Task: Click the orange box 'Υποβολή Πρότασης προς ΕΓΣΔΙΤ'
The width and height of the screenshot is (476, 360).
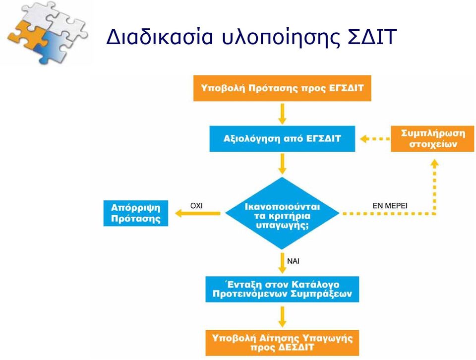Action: (282, 88)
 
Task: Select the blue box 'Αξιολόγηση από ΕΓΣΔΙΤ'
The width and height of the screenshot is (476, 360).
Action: (282, 139)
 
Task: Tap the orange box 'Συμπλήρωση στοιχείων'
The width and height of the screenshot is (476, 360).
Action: (432, 139)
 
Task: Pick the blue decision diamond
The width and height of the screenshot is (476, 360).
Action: (282, 213)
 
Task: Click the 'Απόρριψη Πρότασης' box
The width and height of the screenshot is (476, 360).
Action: (136, 213)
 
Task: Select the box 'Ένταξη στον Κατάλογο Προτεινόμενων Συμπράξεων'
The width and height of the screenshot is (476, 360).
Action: (282, 289)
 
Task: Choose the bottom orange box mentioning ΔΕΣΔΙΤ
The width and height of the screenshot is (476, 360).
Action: (282, 343)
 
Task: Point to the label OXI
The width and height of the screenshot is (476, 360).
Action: (196, 206)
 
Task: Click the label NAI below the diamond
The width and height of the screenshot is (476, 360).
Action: (293, 261)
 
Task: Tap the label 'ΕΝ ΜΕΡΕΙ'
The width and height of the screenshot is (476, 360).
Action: (390, 206)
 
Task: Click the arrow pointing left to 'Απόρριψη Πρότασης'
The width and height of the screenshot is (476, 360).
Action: (198, 213)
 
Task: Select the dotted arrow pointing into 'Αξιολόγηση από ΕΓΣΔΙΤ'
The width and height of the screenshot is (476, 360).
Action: (375, 139)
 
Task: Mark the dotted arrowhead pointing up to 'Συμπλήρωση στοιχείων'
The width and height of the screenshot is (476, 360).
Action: (435, 164)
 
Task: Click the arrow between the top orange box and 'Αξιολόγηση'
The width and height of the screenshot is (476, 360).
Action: (282, 114)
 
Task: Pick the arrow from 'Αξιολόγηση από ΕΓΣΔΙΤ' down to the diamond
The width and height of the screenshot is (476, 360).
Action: (282, 164)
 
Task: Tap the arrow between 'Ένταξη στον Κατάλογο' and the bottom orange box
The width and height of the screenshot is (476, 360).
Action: (282, 317)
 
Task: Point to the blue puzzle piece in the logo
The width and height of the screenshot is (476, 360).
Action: (50, 47)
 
